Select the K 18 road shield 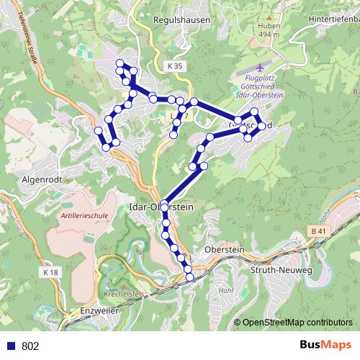(x=50, y=273)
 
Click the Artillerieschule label (x=84, y=215)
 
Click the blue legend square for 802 (x=10, y=346)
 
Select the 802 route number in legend (x=30, y=346)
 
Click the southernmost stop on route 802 (x=190, y=277)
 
